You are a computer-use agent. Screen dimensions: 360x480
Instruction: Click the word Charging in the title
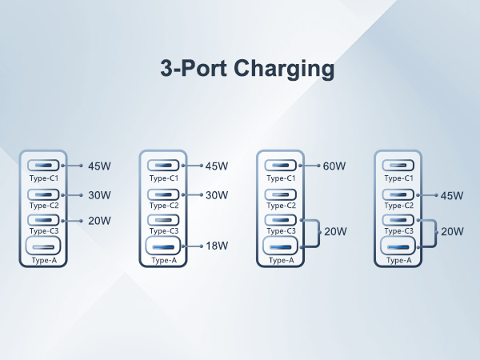pyautogui.click(x=284, y=70)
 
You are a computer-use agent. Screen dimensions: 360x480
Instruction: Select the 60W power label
pyautogui.click(x=334, y=166)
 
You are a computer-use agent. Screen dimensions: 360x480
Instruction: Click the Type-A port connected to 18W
pyautogui.click(x=163, y=246)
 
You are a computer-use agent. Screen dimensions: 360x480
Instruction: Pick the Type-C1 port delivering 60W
pyautogui.click(x=281, y=166)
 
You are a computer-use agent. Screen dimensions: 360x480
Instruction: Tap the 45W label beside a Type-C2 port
pyautogui.click(x=452, y=195)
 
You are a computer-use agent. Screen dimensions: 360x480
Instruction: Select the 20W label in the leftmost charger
pyautogui.click(x=99, y=221)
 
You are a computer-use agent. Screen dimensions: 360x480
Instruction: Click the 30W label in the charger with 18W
pyautogui.click(x=217, y=195)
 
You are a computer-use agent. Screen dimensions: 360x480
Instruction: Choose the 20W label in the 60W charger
pyautogui.click(x=334, y=232)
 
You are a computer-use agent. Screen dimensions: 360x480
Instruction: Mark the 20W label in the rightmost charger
pyautogui.click(x=452, y=232)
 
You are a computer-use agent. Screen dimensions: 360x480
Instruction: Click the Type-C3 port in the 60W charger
pyautogui.click(x=281, y=220)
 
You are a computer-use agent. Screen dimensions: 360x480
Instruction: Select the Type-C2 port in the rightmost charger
pyautogui.click(x=398, y=194)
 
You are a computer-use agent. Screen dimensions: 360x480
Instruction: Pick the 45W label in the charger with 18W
pyautogui.click(x=217, y=166)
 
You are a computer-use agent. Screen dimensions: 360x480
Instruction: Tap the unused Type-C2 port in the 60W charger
pyautogui.click(x=281, y=194)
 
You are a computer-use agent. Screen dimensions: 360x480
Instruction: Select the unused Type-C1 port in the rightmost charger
pyautogui.click(x=398, y=166)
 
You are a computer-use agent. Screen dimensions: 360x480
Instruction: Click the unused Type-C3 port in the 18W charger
pyautogui.click(x=163, y=220)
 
